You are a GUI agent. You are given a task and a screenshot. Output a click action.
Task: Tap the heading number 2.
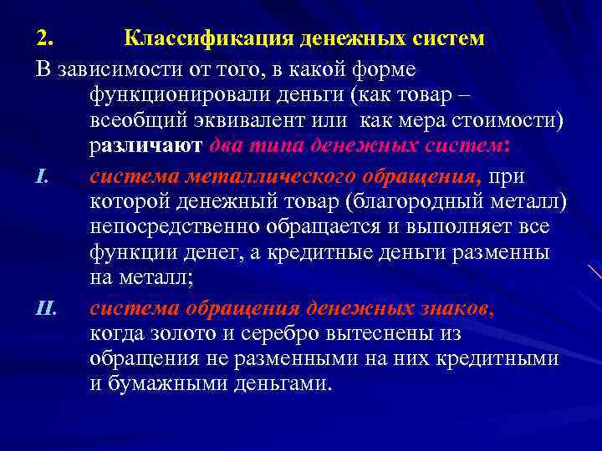43,38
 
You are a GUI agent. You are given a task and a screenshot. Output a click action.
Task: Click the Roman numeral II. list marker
45,309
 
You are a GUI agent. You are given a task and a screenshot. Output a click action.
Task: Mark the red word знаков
453,309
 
